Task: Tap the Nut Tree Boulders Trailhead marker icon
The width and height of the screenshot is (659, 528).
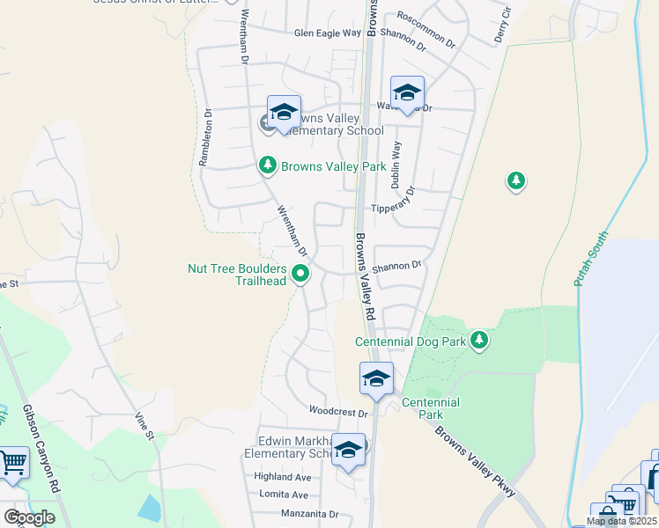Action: pos(301,275)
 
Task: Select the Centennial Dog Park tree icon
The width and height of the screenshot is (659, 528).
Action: pos(478,340)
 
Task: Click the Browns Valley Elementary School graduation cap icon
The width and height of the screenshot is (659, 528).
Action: pos(284,113)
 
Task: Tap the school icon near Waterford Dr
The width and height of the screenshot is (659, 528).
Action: pos(407,92)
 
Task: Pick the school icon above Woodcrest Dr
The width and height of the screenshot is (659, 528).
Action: pos(376,378)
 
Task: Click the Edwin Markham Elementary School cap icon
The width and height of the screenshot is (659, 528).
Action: pos(349,450)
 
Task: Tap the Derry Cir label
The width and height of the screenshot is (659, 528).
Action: pos(503,24)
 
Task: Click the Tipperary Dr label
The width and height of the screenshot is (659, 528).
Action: pos(392,209)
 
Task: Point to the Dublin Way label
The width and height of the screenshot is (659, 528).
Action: pos(396,161)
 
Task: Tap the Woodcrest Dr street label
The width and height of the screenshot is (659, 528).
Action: pos(337,412)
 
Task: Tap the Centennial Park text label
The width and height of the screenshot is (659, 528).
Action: pos(431,408)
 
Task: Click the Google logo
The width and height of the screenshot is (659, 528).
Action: pos(29,517)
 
